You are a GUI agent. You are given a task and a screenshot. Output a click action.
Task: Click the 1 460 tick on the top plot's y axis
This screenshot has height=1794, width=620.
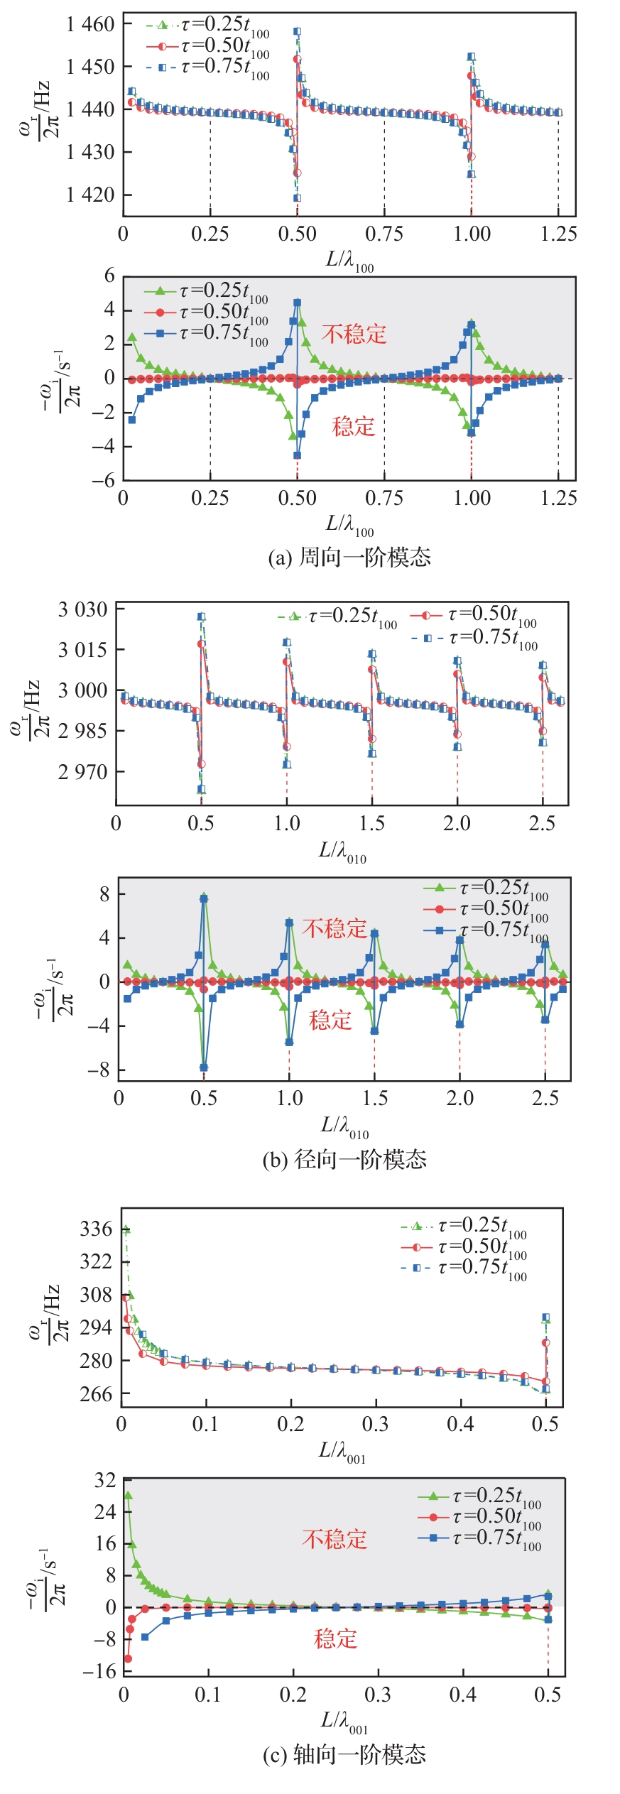coord(90,25)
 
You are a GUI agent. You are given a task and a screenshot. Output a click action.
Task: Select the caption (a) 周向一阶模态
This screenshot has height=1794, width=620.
coord(349,558)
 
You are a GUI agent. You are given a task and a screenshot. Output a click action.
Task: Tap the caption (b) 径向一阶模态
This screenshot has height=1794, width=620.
coord(344,1160)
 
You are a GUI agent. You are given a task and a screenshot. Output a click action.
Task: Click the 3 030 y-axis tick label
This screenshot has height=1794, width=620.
coord(82,609)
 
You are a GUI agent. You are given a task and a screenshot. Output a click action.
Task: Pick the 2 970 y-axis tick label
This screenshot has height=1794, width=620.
coord(82,772)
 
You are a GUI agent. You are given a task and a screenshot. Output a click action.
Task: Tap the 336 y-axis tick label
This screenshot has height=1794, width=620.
coord(96,1229)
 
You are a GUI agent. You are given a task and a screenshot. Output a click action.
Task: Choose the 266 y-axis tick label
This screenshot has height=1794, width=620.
coord(96,1393)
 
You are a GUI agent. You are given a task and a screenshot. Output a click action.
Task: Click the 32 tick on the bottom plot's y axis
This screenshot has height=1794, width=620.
coord(104,1480)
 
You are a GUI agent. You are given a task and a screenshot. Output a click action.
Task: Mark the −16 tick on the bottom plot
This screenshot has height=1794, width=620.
coord(99,1670)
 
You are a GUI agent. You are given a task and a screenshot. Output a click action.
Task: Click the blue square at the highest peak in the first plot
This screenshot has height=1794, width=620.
coord(297,32)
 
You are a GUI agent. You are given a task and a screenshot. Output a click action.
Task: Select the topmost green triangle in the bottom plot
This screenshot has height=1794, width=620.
coord(129,1495)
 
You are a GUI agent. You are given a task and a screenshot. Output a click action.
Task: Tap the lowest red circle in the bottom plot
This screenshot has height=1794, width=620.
coord(129,1658)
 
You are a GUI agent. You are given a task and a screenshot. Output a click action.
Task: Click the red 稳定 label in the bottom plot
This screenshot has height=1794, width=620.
coord(335,1639)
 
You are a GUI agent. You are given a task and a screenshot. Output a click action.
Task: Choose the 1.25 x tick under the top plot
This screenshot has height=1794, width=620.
coord(558,234)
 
